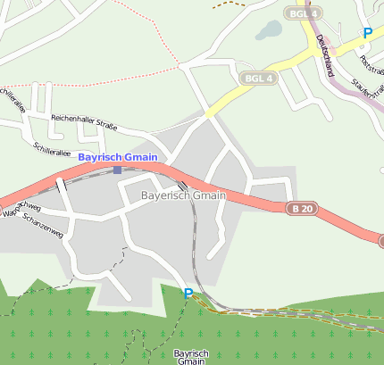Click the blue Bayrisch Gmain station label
click(118, 157)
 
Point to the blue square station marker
click(117, 170)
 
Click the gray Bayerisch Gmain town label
click(184, 195)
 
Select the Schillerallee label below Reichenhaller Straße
click(51, 147)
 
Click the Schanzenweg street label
click(42, 224)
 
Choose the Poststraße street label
click(368, 62)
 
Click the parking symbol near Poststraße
click(367, 33)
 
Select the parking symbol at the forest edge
click(188, 294)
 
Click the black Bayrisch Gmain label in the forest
click(190, 357)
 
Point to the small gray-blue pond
click(268, 30)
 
